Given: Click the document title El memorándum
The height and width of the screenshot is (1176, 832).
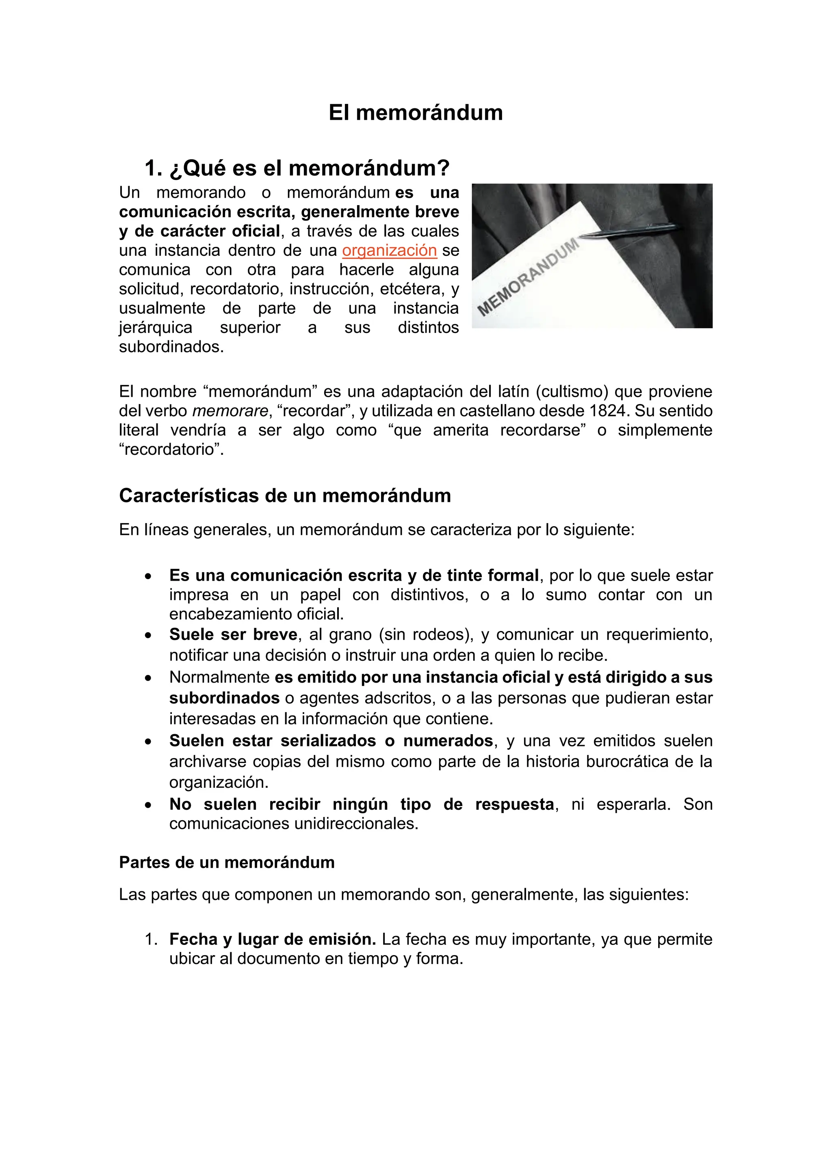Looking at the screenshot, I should click(x=416, y=112).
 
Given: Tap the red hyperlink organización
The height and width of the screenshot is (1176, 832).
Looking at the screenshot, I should click(x=389, y=251).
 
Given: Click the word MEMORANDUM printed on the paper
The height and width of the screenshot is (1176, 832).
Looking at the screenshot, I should click(x=528, y=277).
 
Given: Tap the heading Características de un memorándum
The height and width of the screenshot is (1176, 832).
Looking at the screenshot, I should click(x=285, y=496).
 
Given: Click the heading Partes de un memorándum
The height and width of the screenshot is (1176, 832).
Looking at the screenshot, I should click(x=226, y=863).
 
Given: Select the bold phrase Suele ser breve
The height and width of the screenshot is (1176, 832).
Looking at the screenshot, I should click(x=233, y=635).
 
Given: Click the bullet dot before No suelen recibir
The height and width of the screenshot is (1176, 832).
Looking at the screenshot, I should click(x=148, y=805).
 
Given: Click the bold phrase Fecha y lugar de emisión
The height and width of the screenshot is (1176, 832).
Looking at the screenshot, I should click(x=273, y=939).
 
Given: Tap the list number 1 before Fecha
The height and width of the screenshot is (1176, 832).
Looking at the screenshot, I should click(x=149, y=939).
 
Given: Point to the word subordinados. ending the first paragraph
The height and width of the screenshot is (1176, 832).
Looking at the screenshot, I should click(x=171, y=347).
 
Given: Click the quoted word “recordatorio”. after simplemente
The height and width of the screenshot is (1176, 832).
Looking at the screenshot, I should click(x=171, y=450).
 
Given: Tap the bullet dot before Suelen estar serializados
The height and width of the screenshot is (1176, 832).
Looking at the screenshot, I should click(x=148, y=741).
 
